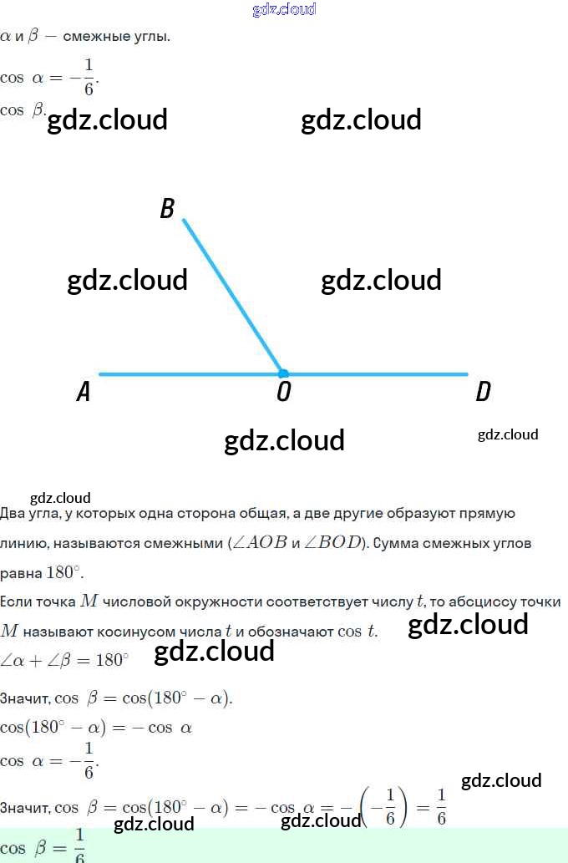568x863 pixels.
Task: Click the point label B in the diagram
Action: pos(167,209)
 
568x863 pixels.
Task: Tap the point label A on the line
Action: pos(83,392)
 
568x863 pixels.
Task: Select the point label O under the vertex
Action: pos(283,392)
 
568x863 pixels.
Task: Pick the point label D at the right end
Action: pos(483,392)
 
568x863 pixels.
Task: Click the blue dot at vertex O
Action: pos(283,373)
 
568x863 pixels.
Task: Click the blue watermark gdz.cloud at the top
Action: pos(284,9)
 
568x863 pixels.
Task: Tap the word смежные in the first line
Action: pos(94,37)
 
